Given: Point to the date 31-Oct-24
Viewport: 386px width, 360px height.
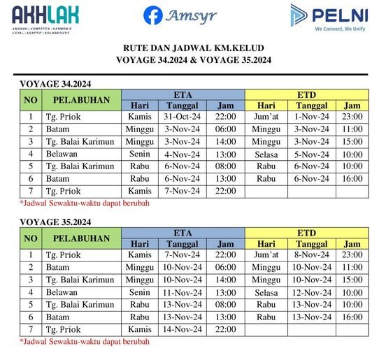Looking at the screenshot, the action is pos(183,117).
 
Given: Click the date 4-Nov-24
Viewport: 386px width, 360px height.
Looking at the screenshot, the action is pos(183,154).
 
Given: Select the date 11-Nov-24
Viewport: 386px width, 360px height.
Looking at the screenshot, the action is pos(183,292).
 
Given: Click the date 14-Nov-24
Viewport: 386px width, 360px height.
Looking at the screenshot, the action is pos(183,329).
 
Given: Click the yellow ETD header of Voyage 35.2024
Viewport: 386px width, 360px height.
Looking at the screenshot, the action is pos(306,232).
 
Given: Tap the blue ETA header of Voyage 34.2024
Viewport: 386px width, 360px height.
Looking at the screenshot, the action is pos(183,94).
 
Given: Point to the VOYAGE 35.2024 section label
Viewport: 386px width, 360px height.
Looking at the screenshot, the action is pos(55,222).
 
